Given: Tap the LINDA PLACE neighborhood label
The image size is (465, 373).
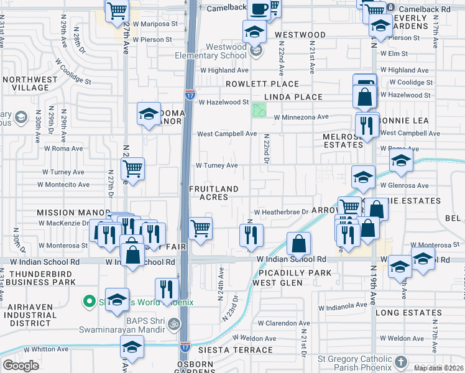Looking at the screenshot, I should coord(293,97).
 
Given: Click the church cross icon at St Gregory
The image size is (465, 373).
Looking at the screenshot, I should coord(401,361).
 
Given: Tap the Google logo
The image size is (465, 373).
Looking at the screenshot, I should coord(21,366).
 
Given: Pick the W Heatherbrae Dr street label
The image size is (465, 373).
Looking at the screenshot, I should coord(280,211).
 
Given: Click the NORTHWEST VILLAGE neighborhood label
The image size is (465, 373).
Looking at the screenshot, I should coord(29,84).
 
